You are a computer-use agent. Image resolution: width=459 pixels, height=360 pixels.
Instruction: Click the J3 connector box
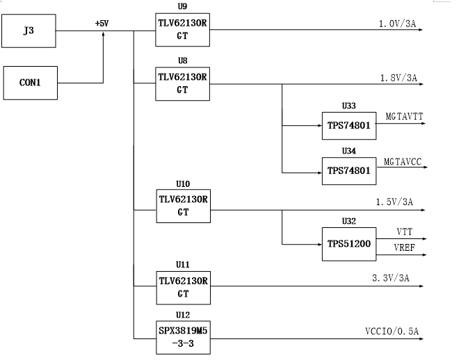pyautogui.click(x=29, y=31)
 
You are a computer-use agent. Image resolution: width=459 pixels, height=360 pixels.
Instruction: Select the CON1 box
pyautogui.click(x=31, y=83)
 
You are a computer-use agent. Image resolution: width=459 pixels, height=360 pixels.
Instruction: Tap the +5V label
pyautogui.click(x=102, y=24)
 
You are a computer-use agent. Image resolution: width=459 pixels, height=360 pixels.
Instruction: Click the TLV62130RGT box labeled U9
pyautogui.click(x=182, y=30)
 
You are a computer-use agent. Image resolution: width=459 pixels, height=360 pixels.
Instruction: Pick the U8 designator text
pyautogui.click(x=183, y=60)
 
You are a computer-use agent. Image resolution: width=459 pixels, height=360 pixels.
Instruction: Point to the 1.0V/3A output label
pyautogui.click(x=397, y=24)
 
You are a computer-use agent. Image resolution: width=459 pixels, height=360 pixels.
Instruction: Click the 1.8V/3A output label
pyautogui.click(x=398, y=78)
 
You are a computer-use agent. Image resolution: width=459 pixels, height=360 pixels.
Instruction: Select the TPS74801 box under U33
pyautogui.click(x=349, y=126)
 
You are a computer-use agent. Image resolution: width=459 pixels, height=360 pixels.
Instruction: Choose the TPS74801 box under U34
pyautogui.click(x=349, y=171)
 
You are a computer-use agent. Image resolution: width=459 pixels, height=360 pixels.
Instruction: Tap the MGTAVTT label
pyautogui.click(x=404, y=117)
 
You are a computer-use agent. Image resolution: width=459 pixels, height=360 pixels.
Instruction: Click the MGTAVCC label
pyautogui.click(x=403, y=162)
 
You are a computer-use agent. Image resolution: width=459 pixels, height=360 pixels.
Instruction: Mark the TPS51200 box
pyautogui.click(x=349, y=244)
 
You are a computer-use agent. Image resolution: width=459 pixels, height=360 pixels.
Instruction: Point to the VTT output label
pyautogui.click(x=405, y=232)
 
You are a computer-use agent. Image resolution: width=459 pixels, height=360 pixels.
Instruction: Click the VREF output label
pyautogui.click(x=405, y=247)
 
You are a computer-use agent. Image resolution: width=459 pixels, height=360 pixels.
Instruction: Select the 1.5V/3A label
pyautogui.click(x=394, y=202)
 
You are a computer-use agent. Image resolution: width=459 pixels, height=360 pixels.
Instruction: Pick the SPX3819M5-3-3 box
pyautogui.click(x=183, y=338)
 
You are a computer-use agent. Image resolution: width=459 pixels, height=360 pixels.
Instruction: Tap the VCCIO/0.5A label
pyautogui.click(x=392, y=332)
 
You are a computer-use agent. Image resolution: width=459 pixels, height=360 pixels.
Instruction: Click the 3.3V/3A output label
pyautogui.click(x=391, y=278)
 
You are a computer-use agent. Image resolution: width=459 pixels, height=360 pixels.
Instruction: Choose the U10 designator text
pyautogui.click(x=183, y=184)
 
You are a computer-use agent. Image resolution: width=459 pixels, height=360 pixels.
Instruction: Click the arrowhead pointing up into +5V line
pyautogui.click(x=103, y=34)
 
